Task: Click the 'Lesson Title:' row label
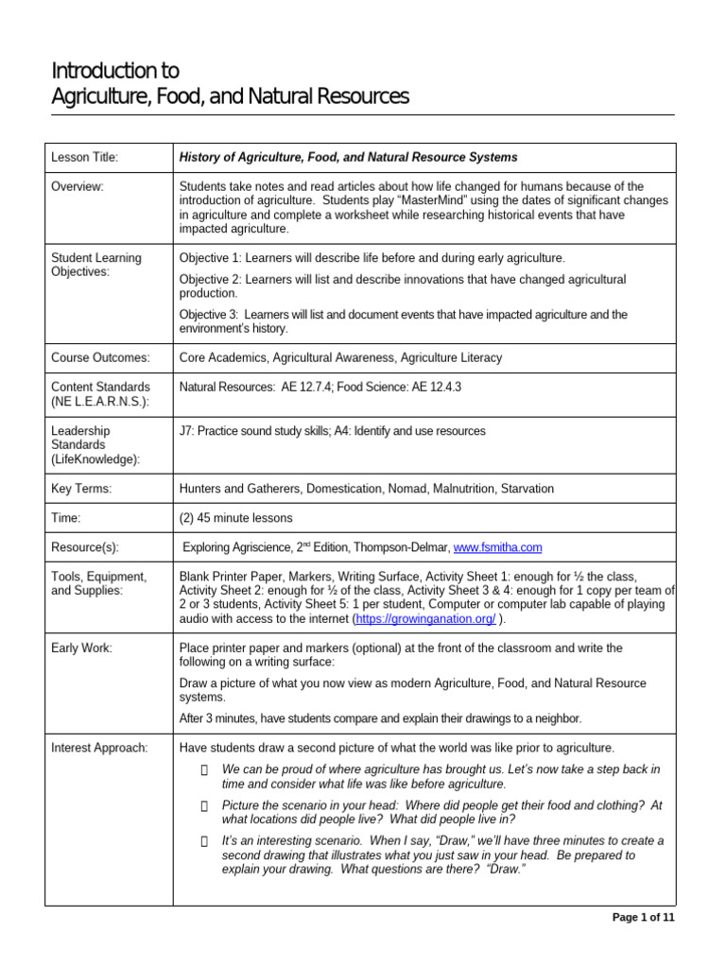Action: click(84, 157)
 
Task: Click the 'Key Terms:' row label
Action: click(81, 489)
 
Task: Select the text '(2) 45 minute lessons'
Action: click(235, 518)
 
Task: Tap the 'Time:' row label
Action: click(66, 518)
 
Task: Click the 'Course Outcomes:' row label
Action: click(100, 357)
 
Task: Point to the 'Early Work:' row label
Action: click(81, 648)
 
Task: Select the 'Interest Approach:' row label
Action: click(99, 748)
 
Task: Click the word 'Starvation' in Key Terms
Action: click(524, 489)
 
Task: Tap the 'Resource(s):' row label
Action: click(85, 547)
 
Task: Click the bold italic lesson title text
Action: click(348, 157)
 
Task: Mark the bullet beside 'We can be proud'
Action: click(203, 769)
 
